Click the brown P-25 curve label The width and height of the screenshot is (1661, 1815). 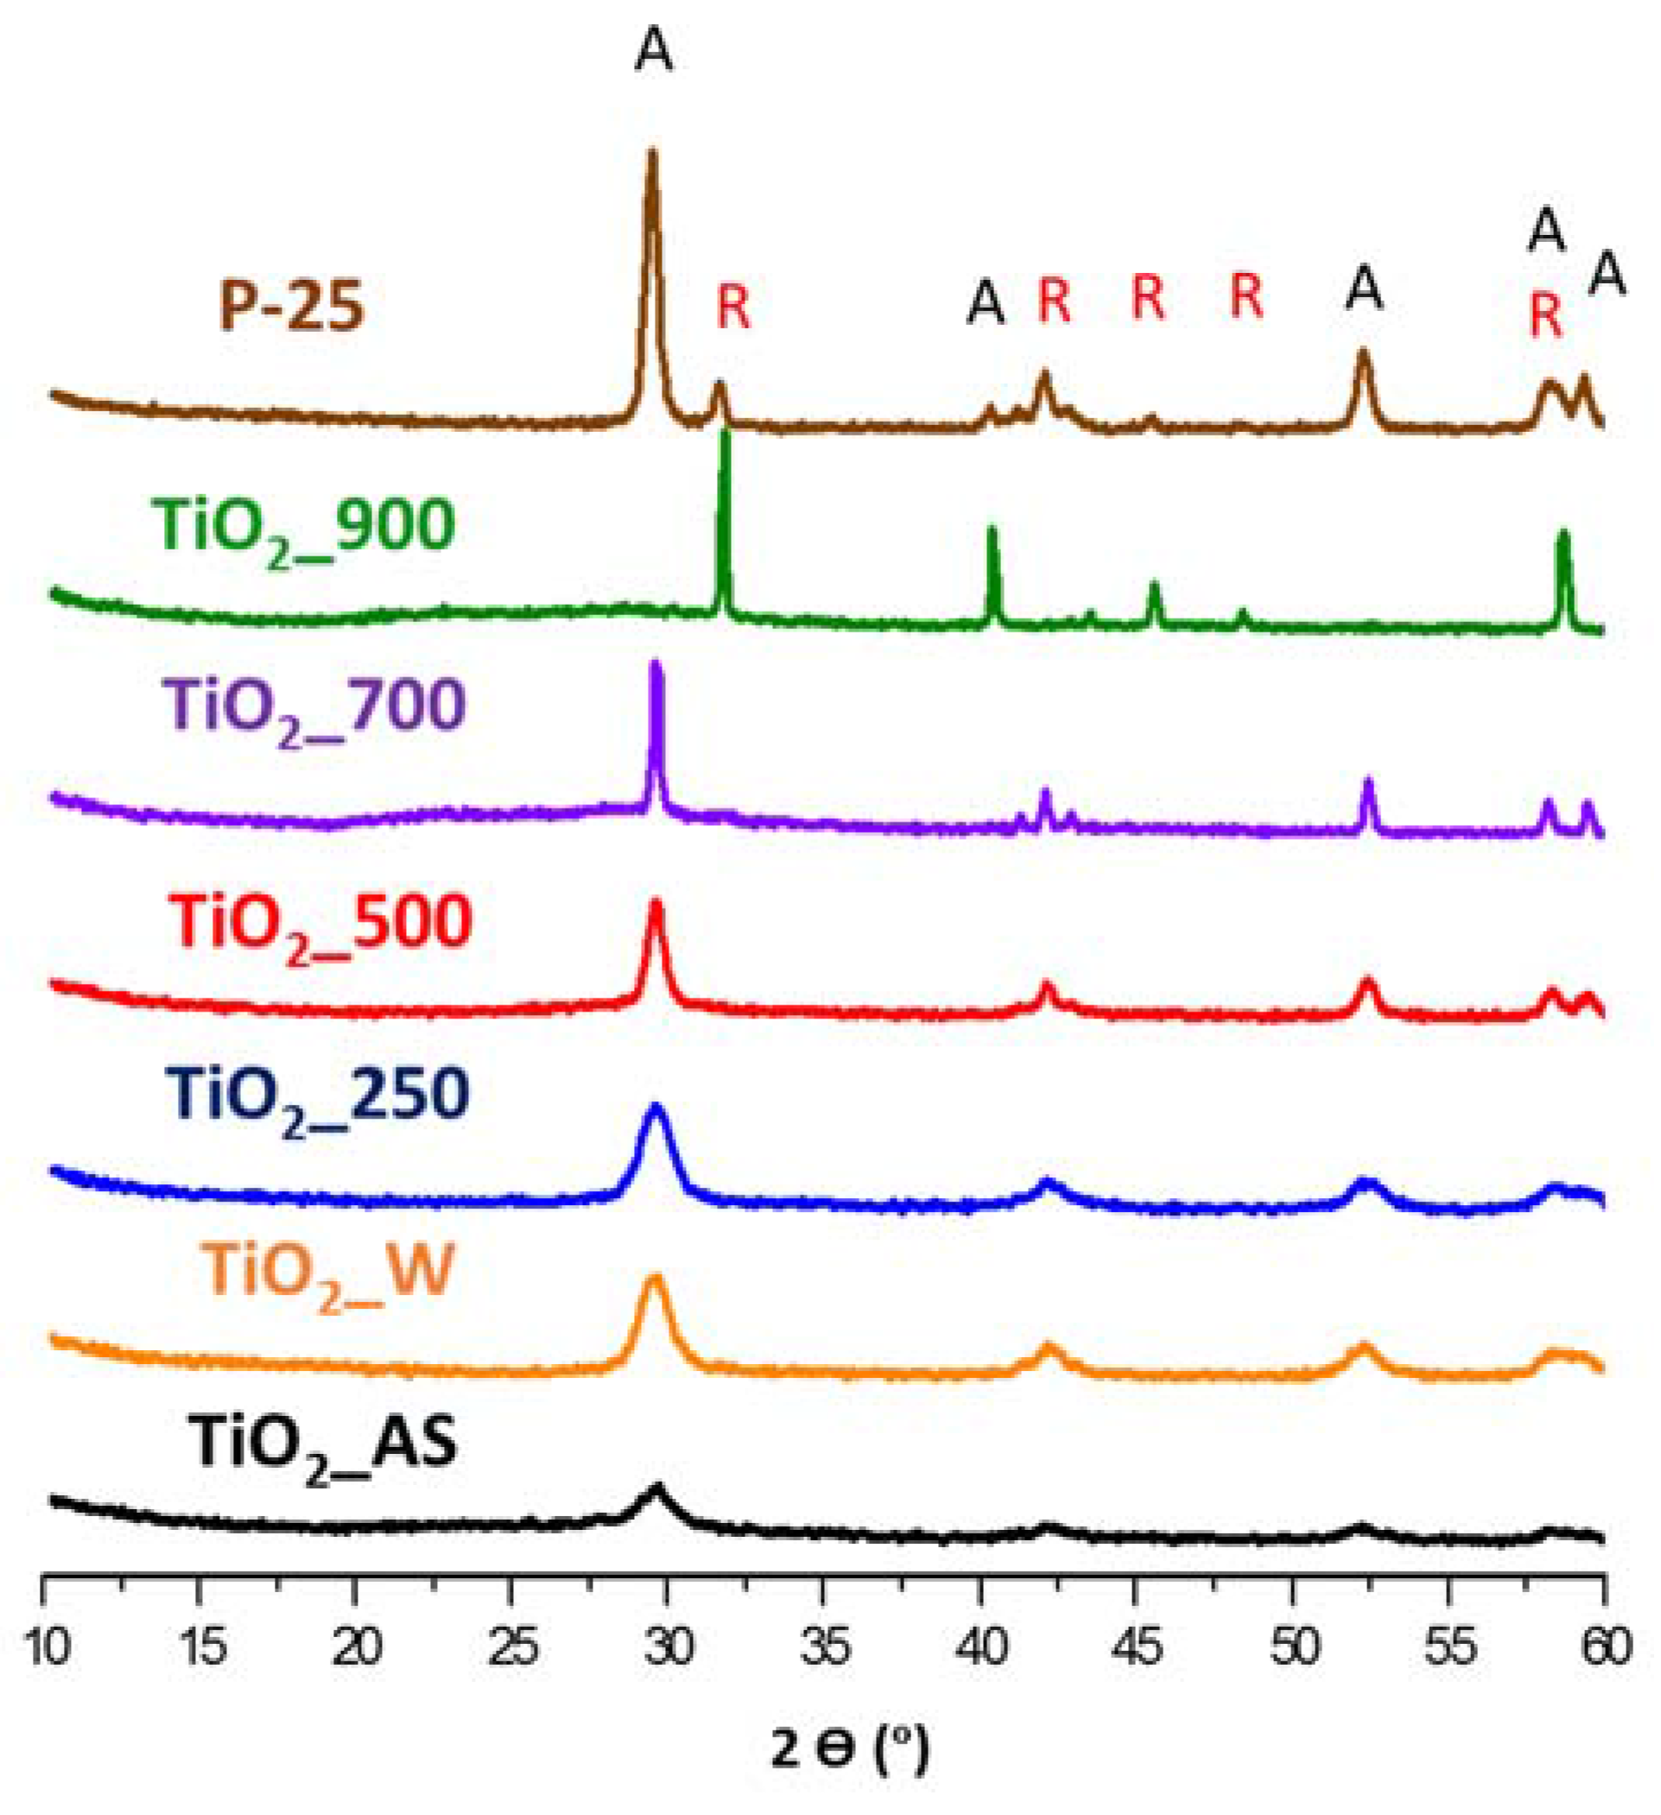[x=292, y=306]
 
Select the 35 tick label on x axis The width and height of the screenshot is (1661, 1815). [x=823, y=1647]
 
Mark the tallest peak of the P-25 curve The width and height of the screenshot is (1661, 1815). [x=653, y=155]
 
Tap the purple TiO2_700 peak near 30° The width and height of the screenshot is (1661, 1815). [x=656, y=667]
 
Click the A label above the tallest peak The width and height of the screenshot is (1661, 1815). [x=654, y=52]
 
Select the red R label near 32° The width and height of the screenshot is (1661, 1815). [x=732, y=306]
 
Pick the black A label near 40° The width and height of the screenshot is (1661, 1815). [x=985, y=301]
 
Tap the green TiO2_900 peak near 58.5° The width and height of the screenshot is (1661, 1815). [x=1563, y=536]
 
